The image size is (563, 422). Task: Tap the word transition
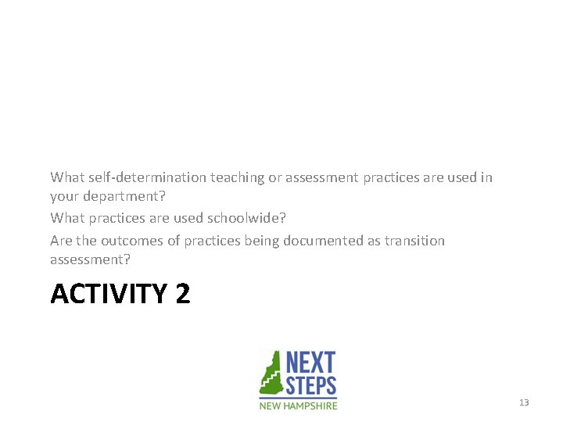416,241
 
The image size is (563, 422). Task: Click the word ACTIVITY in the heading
109,295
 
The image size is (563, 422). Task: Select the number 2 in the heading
182,295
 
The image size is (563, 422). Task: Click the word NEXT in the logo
310,363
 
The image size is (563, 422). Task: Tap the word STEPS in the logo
310,385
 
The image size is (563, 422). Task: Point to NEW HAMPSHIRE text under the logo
299,406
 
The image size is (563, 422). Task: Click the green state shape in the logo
271,374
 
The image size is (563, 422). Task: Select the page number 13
524,402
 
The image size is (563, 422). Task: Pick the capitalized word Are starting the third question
60,241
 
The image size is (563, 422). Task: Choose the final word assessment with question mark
90,259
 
